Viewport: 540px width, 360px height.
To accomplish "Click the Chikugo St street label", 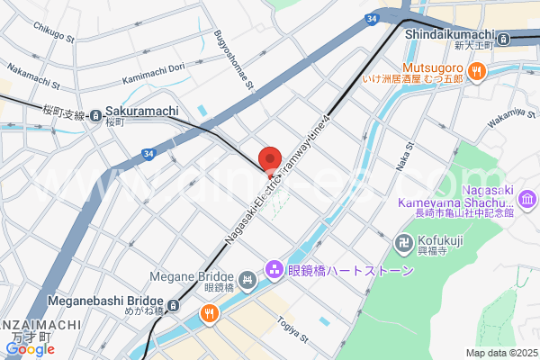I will click(53, 32).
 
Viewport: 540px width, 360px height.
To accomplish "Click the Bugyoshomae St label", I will click(236, 55).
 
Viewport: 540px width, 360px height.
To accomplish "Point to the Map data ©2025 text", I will click(500, 353).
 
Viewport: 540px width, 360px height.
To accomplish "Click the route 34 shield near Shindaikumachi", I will click(372, 18).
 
